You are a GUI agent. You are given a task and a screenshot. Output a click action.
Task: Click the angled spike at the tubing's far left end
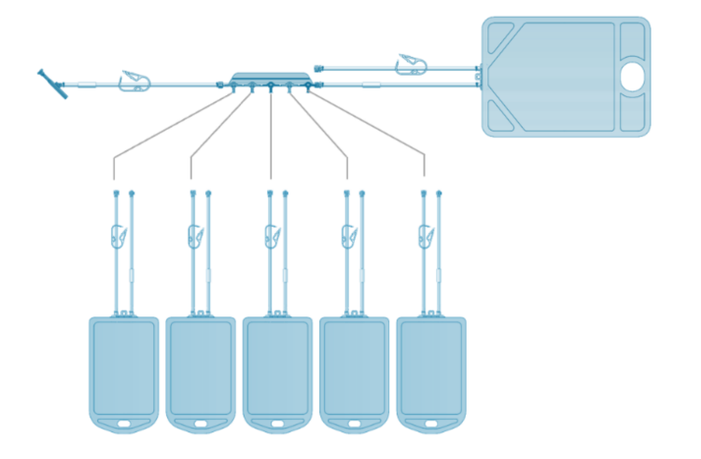click(53, 85)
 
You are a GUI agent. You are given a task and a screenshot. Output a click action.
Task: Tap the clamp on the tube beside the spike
click(135, 82)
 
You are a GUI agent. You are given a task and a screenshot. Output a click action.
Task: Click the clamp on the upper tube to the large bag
click(411, 64)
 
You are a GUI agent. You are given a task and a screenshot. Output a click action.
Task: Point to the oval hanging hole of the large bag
click(632, 78)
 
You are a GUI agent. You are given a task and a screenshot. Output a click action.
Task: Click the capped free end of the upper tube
click(320, 67)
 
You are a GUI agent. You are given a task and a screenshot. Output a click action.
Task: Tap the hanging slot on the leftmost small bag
click(124, 424)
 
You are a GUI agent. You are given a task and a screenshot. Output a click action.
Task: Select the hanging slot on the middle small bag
click(278, 424)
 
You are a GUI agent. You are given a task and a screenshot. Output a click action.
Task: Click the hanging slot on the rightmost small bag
click(432, 424)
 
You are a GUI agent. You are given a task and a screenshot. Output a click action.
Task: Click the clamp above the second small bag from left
click(196, 236)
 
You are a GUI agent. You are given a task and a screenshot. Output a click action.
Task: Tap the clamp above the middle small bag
click(273, 236)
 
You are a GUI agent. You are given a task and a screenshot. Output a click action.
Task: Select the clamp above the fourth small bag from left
click(350, 236)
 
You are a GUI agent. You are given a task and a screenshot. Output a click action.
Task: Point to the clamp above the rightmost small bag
click(428, 236)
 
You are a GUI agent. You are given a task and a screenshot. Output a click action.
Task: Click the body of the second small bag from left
click(201, 369)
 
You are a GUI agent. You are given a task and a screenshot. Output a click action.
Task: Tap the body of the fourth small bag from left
click(355, 369)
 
